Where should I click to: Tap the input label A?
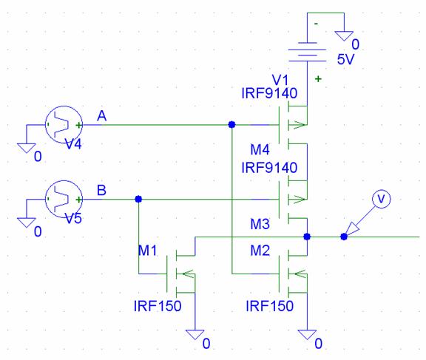coord(101,116)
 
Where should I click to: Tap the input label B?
coord(101,190)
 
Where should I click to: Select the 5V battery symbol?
coord(307,52)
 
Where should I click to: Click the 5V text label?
coord(345,59)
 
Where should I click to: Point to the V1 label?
coord(280,81)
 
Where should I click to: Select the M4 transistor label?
coord(260,149)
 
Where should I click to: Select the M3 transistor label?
coord(260,224)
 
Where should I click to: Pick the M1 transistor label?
coord(147,251)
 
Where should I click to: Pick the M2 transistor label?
coord(260,251)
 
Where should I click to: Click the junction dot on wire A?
coord(231,125)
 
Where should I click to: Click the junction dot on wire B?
coord(138,200)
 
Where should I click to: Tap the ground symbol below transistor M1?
coord(195,334)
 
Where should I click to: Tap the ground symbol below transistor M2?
coord(307,334)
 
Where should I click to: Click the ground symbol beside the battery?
coord(344,35)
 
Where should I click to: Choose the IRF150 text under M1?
coord(158,306)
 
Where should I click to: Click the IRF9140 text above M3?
coord(269,168)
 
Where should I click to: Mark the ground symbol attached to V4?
coord(27,148)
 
